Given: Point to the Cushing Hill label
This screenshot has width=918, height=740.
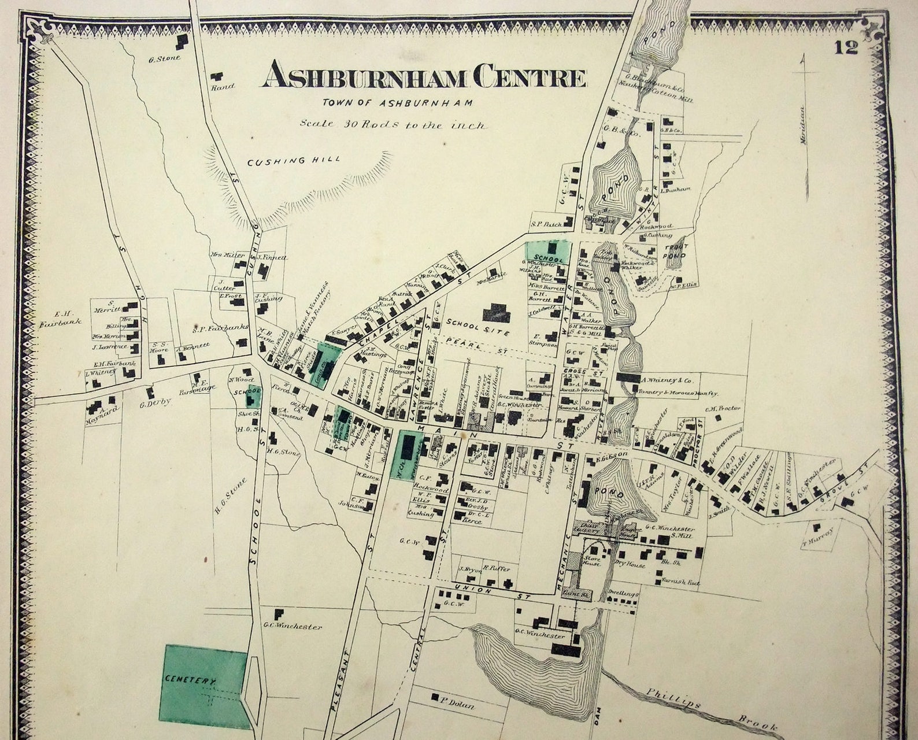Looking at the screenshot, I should pos(294,161).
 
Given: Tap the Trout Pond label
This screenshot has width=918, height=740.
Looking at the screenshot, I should pos(675,252).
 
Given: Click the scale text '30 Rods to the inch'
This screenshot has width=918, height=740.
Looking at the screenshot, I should pos(393,124).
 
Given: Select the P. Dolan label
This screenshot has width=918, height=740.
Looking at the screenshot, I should pos(457,705).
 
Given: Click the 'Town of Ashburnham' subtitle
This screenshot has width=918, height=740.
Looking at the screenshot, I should pos(397,103).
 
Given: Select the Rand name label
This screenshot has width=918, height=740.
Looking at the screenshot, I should pos(223,87).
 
